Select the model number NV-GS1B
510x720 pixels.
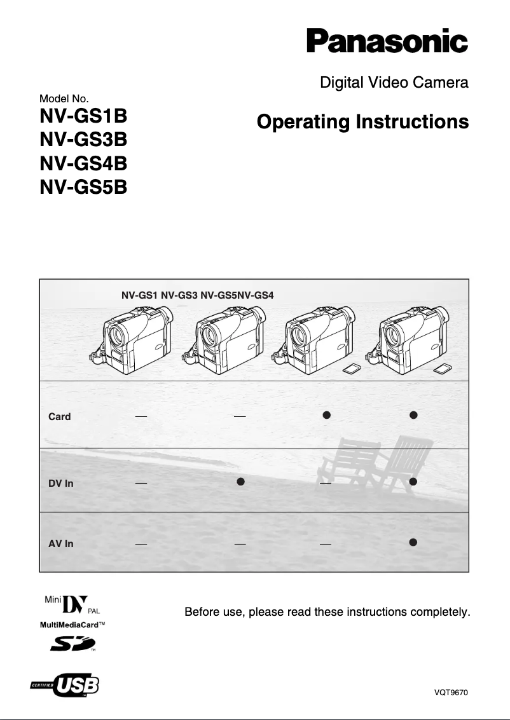(x=83, y=119)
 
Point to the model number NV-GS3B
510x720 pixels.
(x=83, y=142)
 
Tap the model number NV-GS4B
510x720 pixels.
(x=83, y=165)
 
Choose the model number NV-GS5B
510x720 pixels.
(x=83, y=187)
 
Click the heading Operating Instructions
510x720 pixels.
(x=362, y=121)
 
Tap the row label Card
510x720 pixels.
(x=60, y=417)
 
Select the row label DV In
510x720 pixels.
(x=61, y=484)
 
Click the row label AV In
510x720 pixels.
(x=61, y=544)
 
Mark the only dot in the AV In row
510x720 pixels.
(x=413, y=542)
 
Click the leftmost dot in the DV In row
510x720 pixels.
(x=241, y=482)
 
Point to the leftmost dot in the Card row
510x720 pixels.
(x=326, y=415)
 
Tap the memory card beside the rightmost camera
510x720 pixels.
(x=443, y=369)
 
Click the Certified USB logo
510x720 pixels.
(x=65, y=686)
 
